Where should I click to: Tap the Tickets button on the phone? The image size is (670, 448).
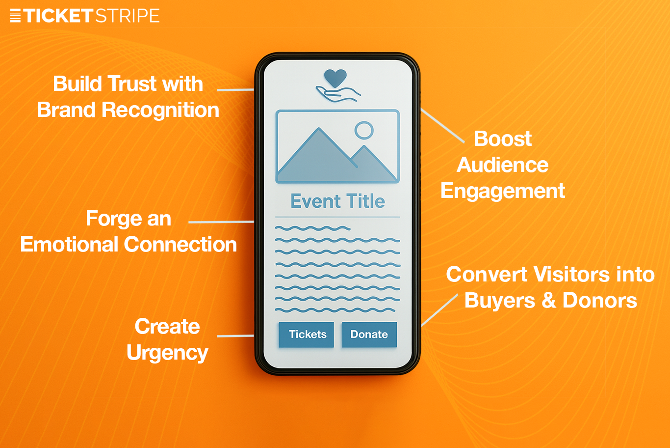click(307, 335)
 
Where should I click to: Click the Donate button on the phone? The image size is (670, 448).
click(369, 335)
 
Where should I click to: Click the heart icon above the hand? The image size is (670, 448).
click(335, 78)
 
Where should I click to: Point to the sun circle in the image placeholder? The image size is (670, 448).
click(364, 131)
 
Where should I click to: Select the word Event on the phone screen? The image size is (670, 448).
click(315, 201)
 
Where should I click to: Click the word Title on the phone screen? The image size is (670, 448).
click(365, 201)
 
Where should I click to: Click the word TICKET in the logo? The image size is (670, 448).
click(57, 16)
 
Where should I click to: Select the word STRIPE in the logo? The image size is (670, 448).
click(127, 16)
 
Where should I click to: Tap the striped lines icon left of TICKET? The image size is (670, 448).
click(15, 16)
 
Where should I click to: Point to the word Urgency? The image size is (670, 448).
click(167, 353)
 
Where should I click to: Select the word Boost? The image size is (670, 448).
click(503, 139)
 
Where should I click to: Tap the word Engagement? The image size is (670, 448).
click(503, 191)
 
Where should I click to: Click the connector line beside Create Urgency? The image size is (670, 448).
click(235, 336)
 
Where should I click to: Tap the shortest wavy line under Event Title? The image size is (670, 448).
click(312, 228)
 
